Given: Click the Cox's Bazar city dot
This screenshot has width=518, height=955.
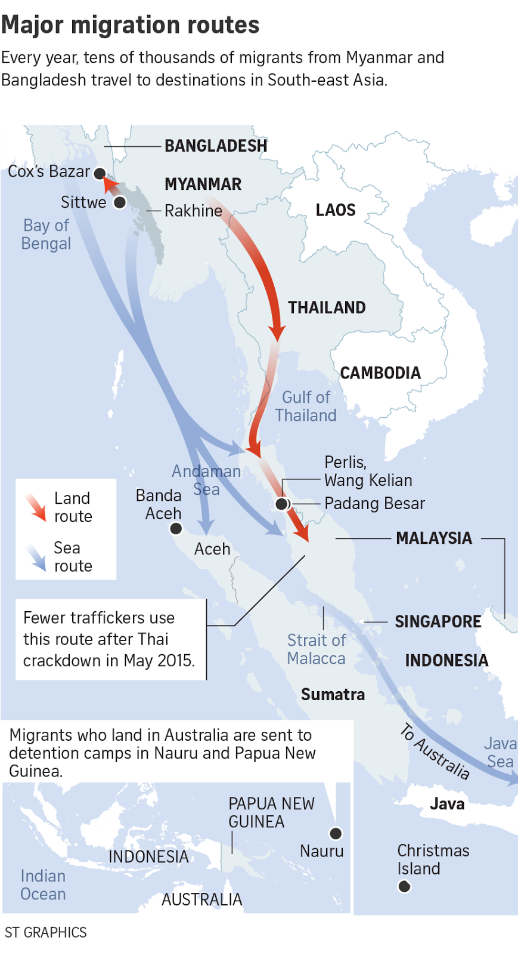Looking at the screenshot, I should tap(100, 174).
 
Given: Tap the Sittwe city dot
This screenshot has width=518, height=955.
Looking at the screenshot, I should tap(120, 203).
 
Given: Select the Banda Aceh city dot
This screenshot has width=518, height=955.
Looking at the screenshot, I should tap(176, 528).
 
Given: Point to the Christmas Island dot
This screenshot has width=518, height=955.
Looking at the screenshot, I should tap(404, 886).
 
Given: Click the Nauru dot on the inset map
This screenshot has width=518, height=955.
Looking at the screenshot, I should tap(336, 833).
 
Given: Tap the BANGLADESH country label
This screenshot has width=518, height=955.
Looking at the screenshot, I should tap(216, 146).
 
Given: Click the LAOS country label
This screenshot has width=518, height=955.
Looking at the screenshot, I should tap(336, 210).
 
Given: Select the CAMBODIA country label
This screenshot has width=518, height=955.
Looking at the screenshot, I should tap(380, 373).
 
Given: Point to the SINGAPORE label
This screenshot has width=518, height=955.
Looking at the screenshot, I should tap(438, 622).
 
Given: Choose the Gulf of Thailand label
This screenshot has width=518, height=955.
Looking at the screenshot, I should tap(306, 406).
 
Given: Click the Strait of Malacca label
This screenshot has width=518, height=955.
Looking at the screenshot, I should tap(317, 649).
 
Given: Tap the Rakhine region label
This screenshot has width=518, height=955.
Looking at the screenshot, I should tap(193, 211).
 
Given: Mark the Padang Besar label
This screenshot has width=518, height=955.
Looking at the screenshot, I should tap(374, 504).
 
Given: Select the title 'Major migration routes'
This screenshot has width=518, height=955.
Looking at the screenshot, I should tap(131, 25).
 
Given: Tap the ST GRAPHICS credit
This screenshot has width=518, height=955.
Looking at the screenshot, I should tap(46, 932).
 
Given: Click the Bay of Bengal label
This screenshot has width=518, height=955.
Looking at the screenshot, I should tap(46, 235).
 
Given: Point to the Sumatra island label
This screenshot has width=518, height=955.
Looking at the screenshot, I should tap(333, 695).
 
